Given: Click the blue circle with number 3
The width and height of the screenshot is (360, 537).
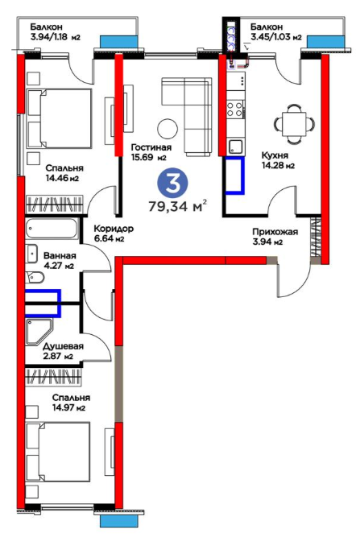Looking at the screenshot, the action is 172,184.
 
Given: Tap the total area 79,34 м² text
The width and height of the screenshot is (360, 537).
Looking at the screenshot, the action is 177,206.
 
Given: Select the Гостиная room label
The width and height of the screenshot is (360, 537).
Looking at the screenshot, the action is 151,147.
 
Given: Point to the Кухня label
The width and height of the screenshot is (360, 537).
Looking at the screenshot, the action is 275,155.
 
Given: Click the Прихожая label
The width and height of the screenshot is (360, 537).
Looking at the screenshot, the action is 275,232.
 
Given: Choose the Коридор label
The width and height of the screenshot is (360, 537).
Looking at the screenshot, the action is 114,229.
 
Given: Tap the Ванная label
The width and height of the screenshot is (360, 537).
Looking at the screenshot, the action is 60,256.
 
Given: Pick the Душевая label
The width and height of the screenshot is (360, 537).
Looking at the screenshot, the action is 64,346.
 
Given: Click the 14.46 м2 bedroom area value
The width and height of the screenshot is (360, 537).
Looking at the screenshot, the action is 62,178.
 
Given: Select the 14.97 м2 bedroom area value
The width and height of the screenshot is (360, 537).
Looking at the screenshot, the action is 68,408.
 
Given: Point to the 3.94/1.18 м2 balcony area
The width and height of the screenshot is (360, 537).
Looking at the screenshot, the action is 55,37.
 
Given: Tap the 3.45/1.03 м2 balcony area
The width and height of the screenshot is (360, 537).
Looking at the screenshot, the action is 276,37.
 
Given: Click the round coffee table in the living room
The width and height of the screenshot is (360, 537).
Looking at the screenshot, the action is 168,129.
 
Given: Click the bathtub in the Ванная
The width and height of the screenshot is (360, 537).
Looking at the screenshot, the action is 52,229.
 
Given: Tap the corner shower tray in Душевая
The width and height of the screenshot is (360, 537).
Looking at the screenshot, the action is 39,332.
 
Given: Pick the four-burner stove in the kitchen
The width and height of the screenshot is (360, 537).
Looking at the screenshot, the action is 235,109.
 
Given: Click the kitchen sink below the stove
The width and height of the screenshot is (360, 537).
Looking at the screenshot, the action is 235,147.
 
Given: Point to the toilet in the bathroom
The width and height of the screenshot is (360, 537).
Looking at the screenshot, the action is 35,277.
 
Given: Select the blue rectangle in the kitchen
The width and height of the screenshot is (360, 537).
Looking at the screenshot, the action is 235,176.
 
